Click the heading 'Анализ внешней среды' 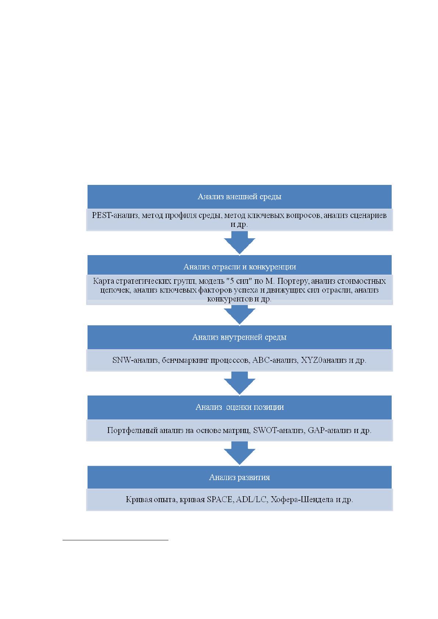[239, 197]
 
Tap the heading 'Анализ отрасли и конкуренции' [239, 266]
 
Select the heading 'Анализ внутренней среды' [239, 337]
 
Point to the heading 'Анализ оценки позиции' [239, 407]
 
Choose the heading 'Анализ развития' [239, 477]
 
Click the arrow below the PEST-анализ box [239, 243]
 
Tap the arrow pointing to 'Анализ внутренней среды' [239, 315]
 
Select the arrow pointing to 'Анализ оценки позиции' [239, 383]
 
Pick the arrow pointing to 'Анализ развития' [239, 453]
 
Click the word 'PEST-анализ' [115, 215]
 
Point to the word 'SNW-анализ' [135, 360]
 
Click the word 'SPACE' [220, 499]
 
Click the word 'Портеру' [293, 281]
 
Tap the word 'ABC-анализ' [275, 360]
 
